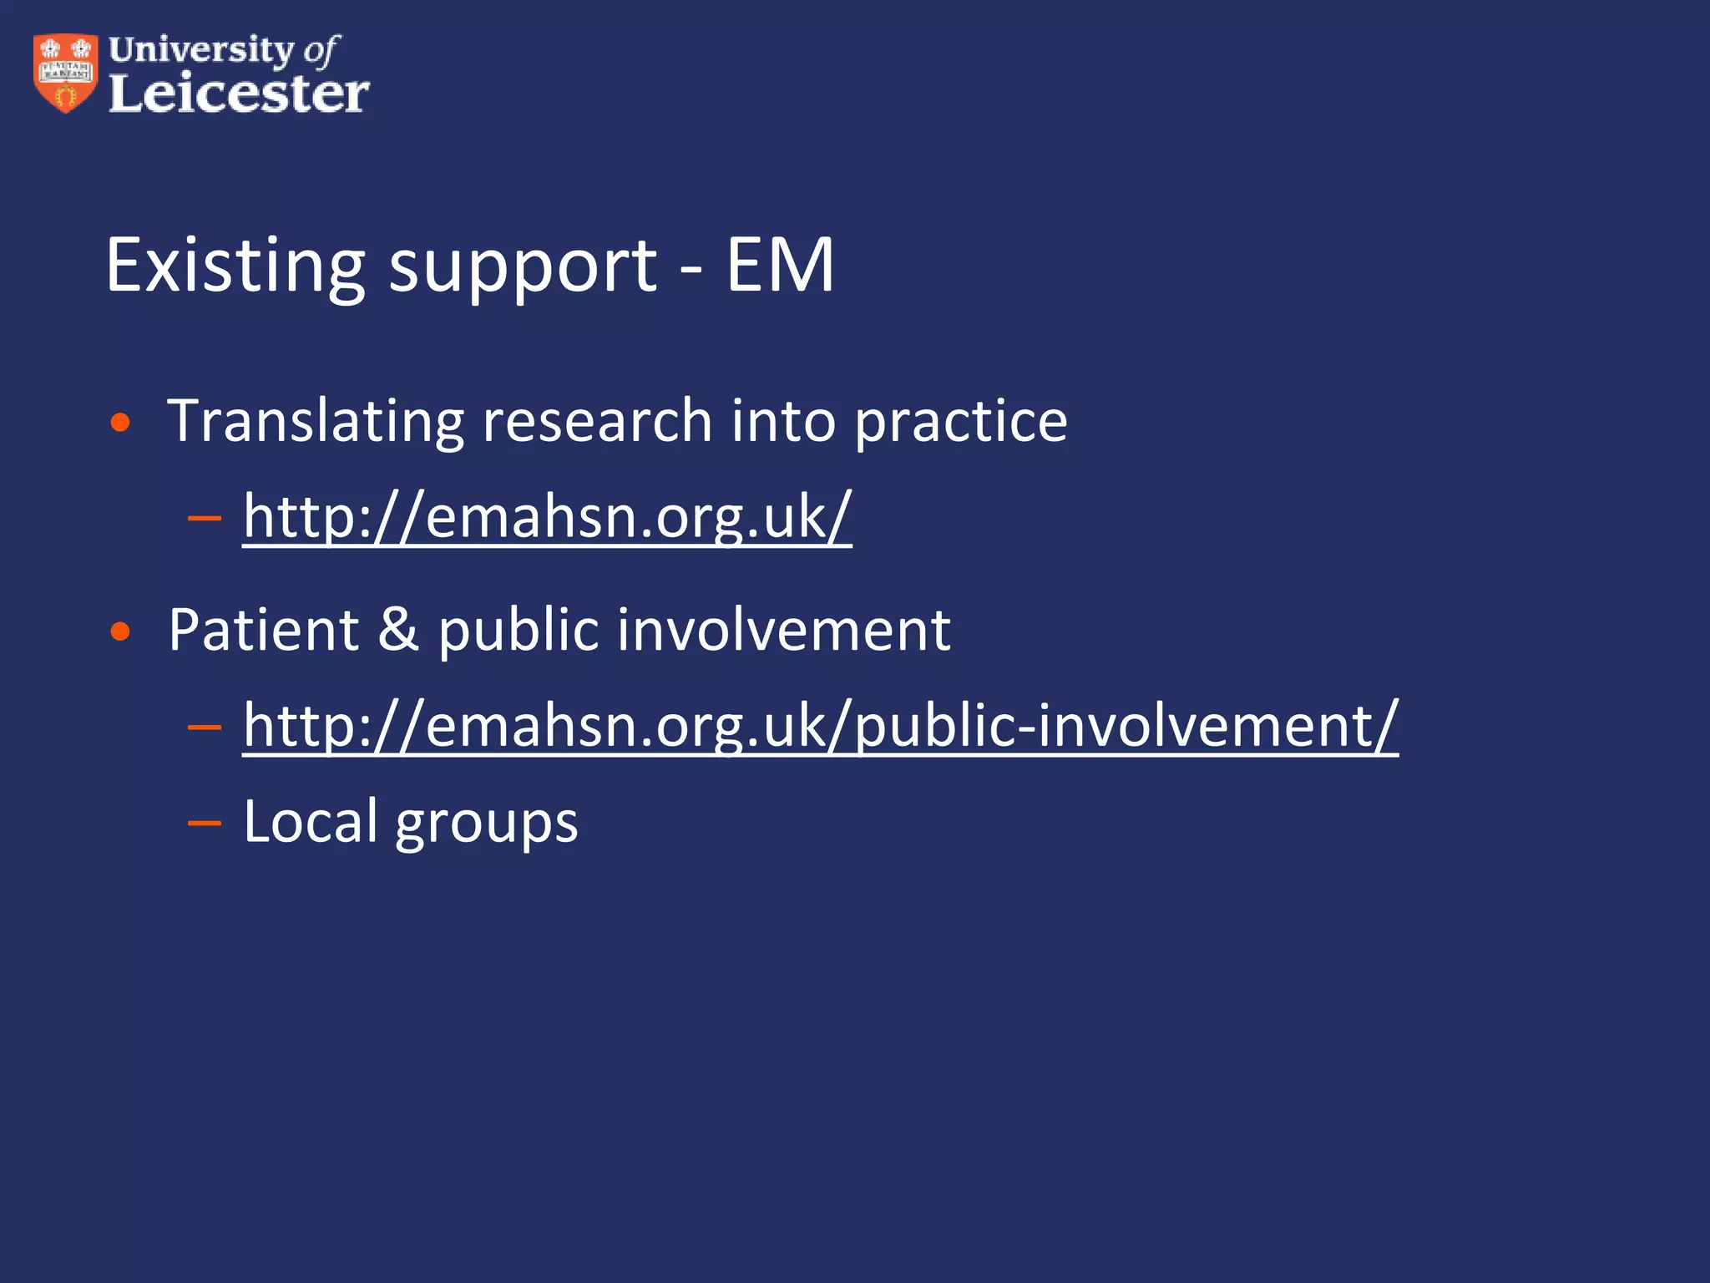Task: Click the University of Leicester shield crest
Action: [65, 73]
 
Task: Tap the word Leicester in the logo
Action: [239, 94]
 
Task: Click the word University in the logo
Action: [201, 49]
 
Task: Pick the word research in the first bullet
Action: [597, 421]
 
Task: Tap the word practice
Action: [961, 423]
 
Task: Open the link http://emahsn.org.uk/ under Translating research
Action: [548, 517]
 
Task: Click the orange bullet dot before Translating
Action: [121, 423]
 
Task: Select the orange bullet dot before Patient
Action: [121, 631]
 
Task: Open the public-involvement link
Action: [821, 726]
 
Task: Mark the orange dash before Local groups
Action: [205, 824]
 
